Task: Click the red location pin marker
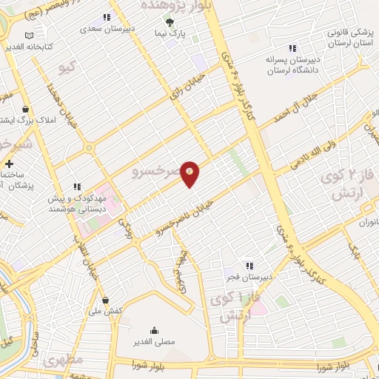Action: (x=190, y=174)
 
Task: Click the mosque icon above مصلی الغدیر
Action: (x=154, y=330)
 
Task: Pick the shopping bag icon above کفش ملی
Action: (x=107, y=300)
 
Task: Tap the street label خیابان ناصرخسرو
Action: (x=183, y=217)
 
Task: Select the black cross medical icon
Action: (x=9, y=164)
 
